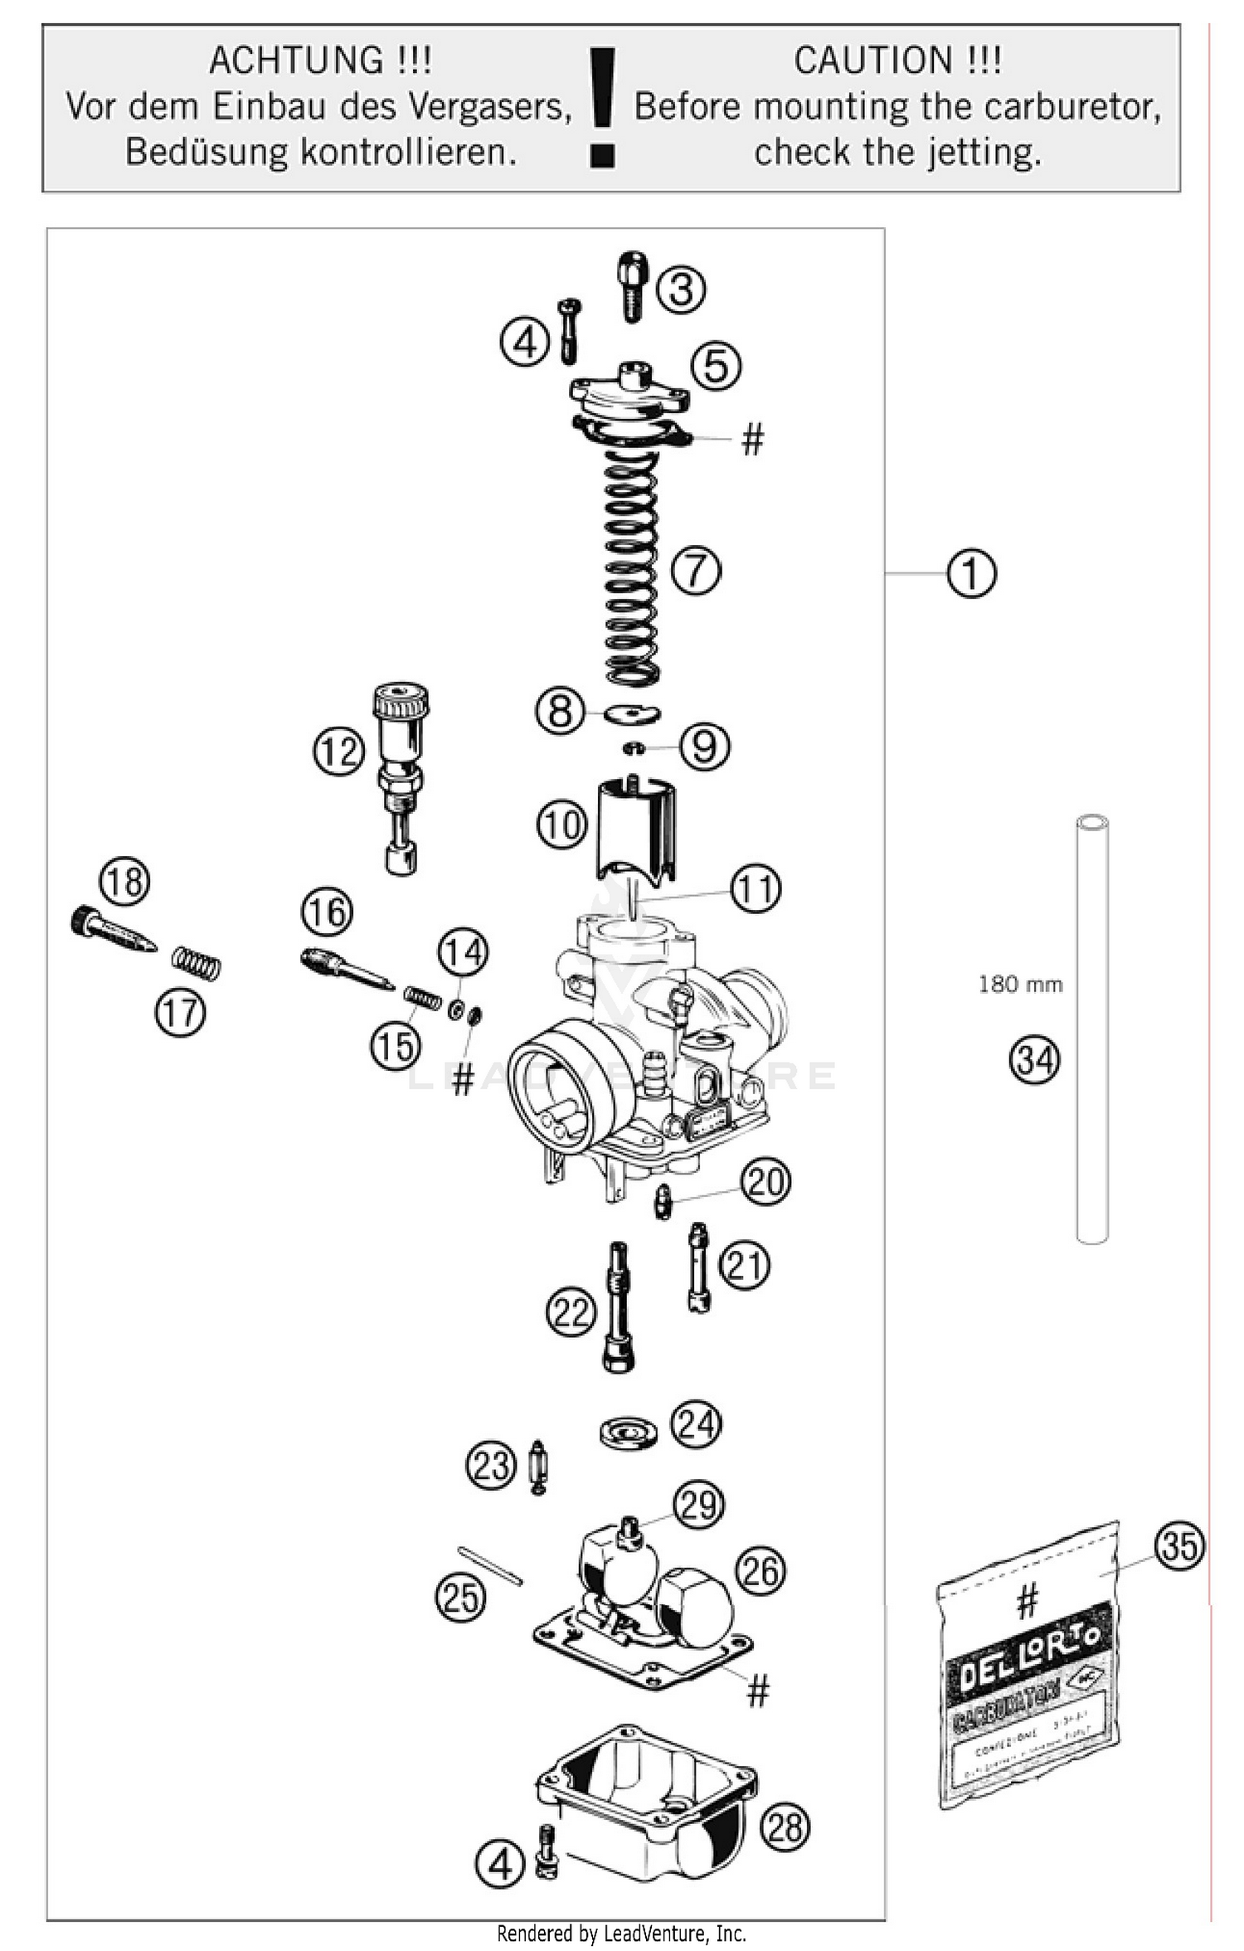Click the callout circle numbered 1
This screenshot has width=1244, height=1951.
click(x=971, y=572)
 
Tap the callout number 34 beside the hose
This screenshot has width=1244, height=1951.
click(x=1034, y=1060)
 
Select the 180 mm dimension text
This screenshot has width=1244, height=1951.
click(x=1020, y=985)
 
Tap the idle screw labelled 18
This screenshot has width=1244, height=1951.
click(x=112, y=930)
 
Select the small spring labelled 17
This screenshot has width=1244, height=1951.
click(x=197, y=964)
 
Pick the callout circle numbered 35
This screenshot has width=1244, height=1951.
click(x=1178, y=1545)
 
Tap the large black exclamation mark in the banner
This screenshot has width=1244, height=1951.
click(x=602, y=108)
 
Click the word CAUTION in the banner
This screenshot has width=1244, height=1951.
click(x=871, y=61)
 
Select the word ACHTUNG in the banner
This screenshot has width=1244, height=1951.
click(x=296, y=61)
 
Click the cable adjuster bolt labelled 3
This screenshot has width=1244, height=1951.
click(x=632, y=286)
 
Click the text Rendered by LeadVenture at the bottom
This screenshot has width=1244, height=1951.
click(x=621, y=1934)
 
